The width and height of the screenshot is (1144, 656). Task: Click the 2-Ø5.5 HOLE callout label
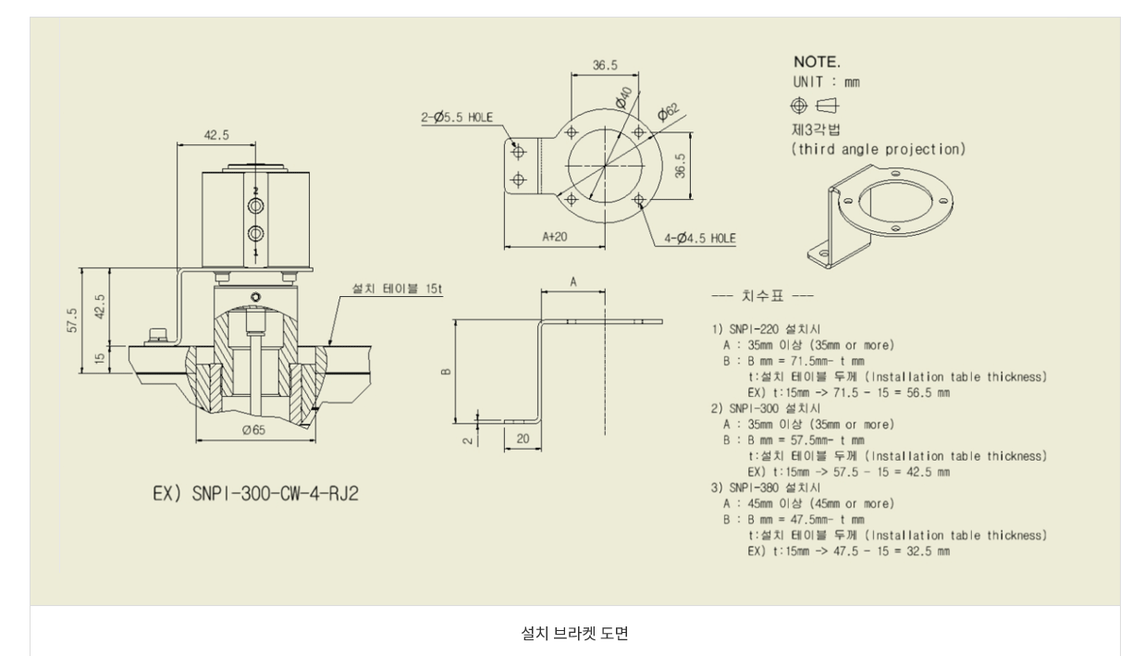(x=457, y=117)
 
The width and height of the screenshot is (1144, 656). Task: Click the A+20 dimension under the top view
(x=555, y=237)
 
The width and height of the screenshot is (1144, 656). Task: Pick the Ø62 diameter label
(x=668, y=113)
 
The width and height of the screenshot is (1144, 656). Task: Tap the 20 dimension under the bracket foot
(x=523, y=439)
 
